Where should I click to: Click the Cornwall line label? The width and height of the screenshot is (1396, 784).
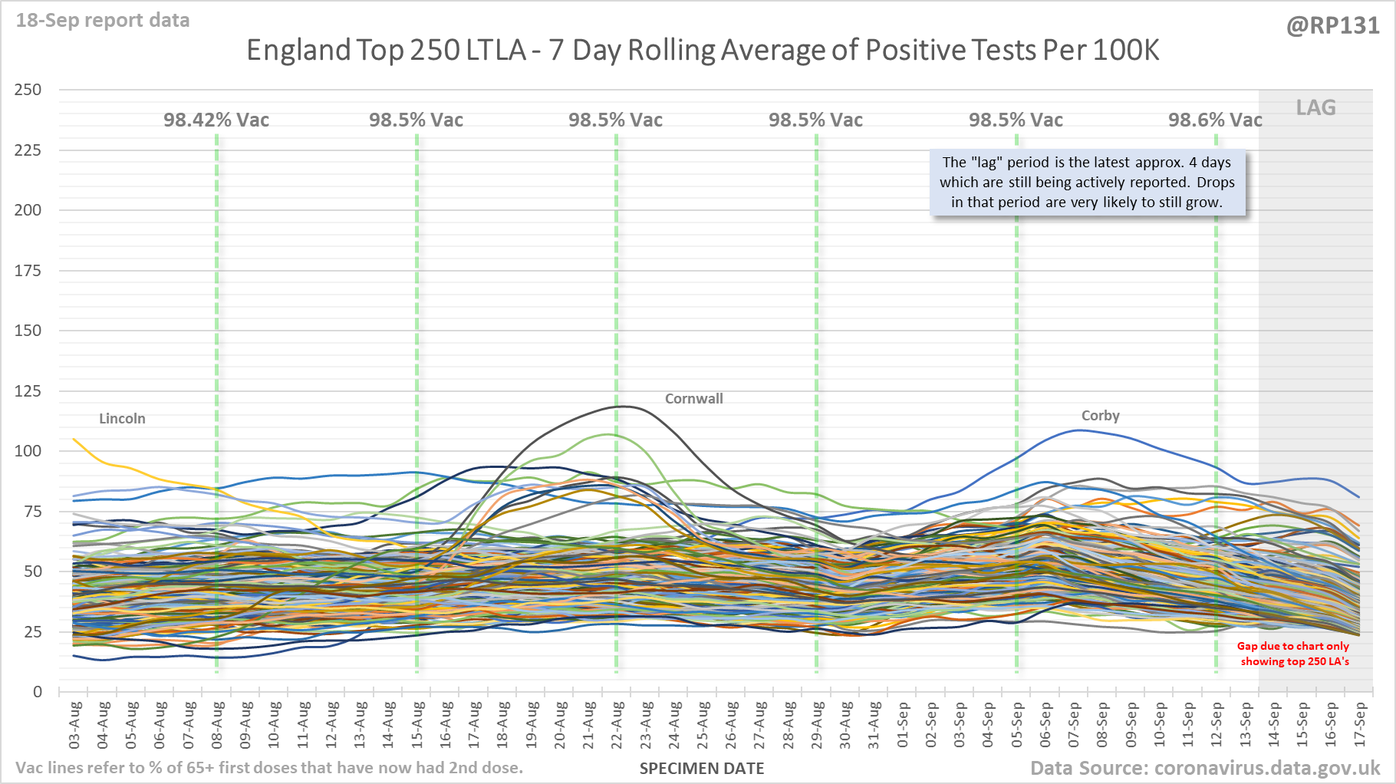pos(693,399)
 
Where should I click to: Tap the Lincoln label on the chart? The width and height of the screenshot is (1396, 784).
pos(122,419)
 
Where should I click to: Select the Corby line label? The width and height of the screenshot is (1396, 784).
pos(1100,416)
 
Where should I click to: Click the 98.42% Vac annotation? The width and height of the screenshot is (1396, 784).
pos(216,120)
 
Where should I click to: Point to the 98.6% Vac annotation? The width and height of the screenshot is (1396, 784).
pos(1215,120)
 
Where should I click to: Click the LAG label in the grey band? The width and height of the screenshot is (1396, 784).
pos(1315,108)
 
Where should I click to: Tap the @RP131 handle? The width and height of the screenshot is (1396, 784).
pos(1332,26)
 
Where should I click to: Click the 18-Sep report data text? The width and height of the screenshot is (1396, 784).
pos(103,21)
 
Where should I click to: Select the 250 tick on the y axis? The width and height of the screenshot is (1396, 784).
pos(28,90)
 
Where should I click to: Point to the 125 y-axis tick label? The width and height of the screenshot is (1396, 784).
pos(28,391)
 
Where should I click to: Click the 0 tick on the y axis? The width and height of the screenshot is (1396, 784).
pos(38,692)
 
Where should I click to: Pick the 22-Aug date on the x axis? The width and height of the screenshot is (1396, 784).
pos(617,725)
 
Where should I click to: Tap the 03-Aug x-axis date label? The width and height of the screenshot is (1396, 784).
pos(74,725)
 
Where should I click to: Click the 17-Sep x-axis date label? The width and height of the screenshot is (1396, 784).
pos(1360,725)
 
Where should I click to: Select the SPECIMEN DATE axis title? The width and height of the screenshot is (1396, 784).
pos(702,769)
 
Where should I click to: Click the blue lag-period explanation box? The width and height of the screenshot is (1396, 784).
pos(1087,183)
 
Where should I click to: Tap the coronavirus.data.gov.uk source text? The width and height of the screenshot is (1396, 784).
pos(1266,769)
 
